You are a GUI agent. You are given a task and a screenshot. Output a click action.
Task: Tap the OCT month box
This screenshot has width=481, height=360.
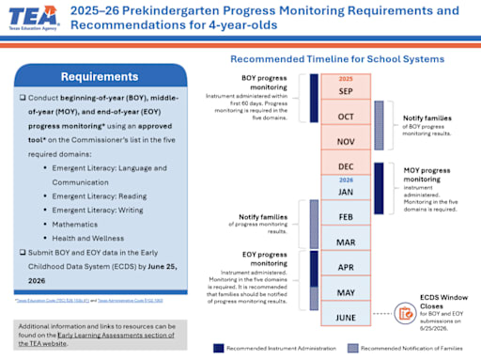click(345, 116)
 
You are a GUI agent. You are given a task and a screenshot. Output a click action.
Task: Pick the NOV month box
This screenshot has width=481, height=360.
click(345, 140)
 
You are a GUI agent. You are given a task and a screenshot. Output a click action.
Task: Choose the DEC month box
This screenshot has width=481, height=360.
click(345, 164)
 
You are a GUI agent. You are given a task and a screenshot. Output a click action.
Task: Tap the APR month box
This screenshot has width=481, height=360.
click(345, 266)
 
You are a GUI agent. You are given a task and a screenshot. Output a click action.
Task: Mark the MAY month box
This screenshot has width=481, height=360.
click(345, 291)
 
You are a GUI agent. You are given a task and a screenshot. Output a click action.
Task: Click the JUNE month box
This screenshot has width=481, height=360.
click(345, 317)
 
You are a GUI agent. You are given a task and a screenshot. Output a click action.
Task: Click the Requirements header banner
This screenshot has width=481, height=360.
click(101, 76)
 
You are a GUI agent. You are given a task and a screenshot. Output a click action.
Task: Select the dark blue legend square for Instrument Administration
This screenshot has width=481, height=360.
click(219, 347)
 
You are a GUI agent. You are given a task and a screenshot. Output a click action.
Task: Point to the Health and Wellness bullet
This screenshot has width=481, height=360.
click(108, 238)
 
